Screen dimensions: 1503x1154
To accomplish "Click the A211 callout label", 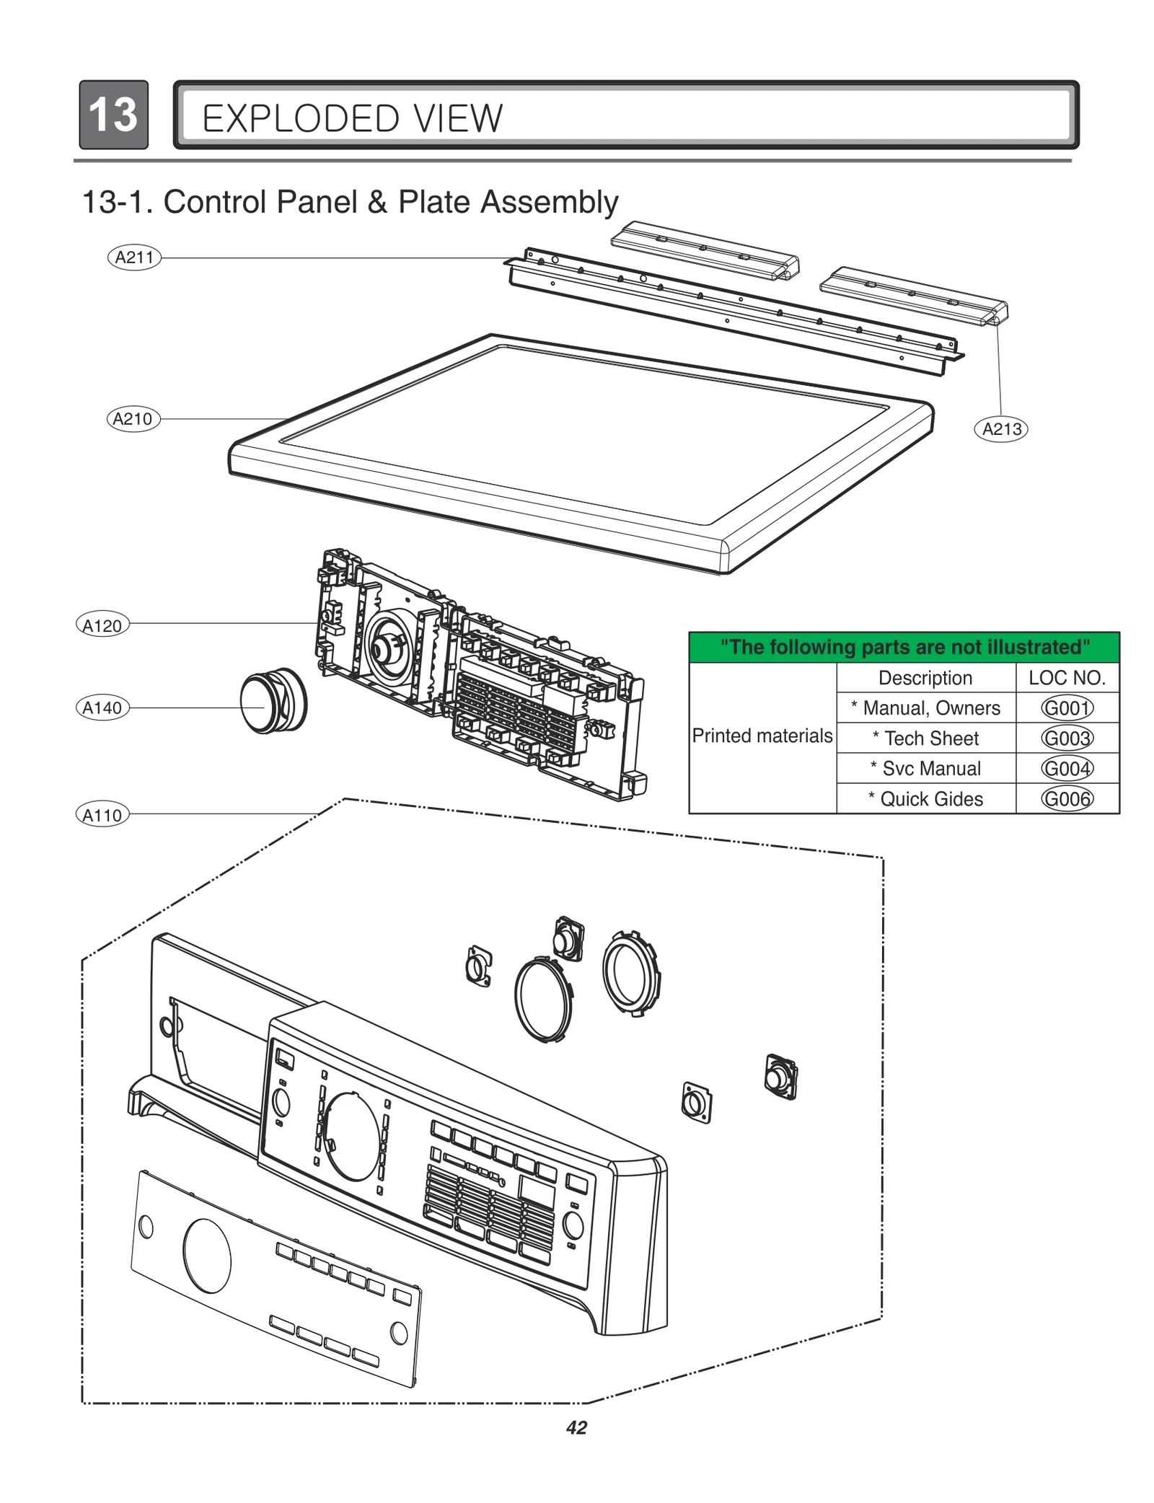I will tap(134, 257).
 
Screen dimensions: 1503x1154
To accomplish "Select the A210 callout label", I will tap(133, 419).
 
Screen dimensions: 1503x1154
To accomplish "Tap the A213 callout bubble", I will tap(1001, 429).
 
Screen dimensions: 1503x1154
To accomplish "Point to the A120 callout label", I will tap(102, 625).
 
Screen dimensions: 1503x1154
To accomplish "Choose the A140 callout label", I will tap(102, 708).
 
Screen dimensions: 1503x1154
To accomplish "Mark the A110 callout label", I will tap(102, 815).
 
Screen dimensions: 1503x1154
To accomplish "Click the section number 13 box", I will tap(113, 115).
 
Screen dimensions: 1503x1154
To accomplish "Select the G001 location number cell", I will tap(1067, 708).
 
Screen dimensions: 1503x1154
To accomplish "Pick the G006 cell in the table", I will tap(1067, 799).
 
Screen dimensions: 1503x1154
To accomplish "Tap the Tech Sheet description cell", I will tap(925, 739).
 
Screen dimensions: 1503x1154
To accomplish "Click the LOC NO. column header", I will tap(1067, 678).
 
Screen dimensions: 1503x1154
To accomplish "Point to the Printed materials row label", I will tap(762, 736).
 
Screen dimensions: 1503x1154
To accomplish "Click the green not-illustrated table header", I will tap(904, 647).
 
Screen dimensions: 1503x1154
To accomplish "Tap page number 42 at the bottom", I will tap(577, 1427).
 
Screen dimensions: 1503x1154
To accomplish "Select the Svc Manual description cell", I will tap(925, 769).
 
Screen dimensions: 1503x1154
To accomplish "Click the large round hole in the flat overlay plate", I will tap(207, 1256).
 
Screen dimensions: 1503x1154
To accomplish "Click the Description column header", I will tap(925, 678).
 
